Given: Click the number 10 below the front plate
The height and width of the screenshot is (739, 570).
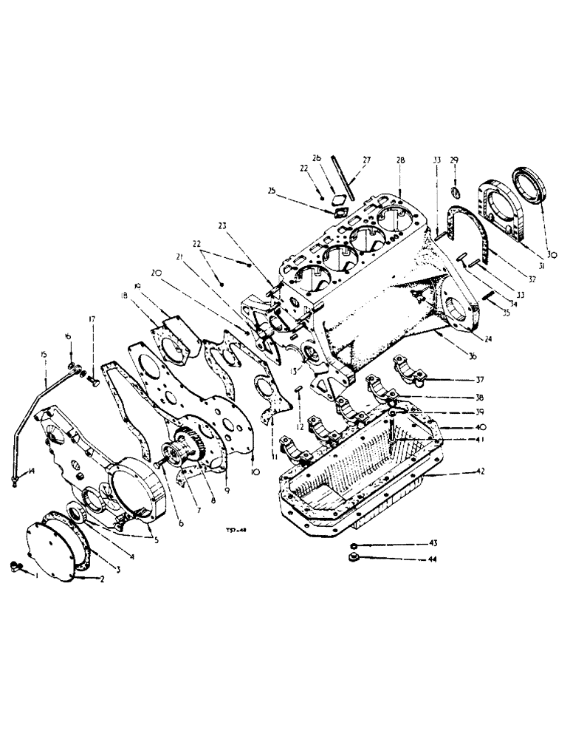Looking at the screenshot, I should click(x=255, y=471).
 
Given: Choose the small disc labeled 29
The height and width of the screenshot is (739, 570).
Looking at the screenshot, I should click(x=455, y=194).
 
